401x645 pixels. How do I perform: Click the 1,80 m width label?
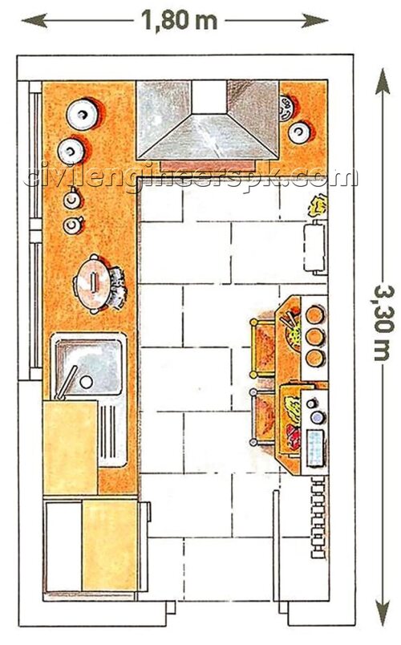[x=179, y=21]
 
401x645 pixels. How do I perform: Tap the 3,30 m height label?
[x=383, y=324]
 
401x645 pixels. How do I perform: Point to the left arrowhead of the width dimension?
[x=34, y=20]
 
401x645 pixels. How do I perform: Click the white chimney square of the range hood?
[x=209, y=96]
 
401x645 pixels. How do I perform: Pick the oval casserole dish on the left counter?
[x=93, y=284]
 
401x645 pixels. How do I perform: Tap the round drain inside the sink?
[x=87, y=381]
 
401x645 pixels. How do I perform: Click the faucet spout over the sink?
[x=66, y=383]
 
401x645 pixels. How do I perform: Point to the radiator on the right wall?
[x=319, y=517]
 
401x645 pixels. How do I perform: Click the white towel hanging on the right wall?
[x=315, y=247]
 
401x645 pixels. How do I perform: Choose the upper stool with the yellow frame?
[x=262, y=348]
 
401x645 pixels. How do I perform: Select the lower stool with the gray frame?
[x=262, y=416]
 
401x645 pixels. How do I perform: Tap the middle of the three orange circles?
[x=315, y=337]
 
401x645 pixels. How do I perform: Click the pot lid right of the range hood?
[x=299, y=132]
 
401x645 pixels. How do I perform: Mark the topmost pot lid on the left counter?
[x=83, y=114]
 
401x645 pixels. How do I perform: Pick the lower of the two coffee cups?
[x=74, y=225]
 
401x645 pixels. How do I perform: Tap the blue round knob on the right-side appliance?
[x=318, y=418]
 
